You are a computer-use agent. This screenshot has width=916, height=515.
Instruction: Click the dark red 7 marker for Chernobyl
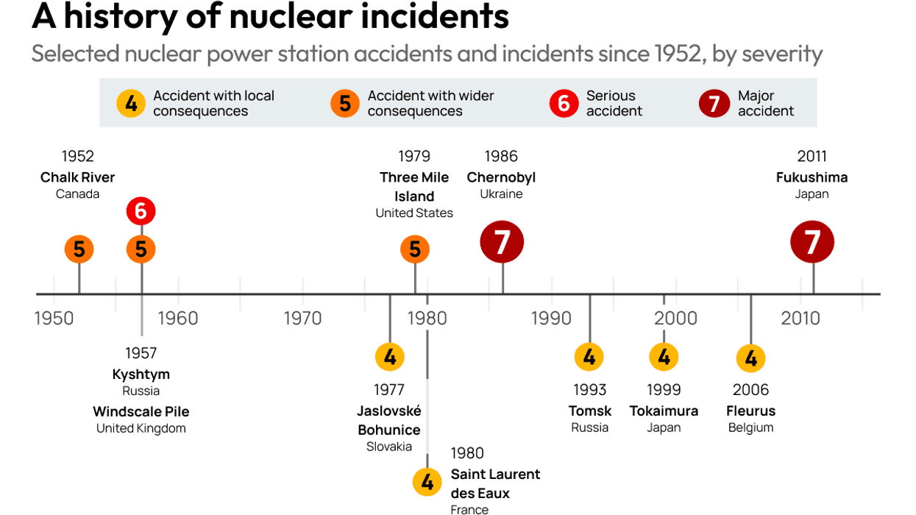point(502,242)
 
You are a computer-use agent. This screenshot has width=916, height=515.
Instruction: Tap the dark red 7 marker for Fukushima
point(812,242)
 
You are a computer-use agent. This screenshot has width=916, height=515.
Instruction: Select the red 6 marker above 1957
point(141,212)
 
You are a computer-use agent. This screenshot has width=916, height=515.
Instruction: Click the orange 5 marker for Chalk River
point(79,249)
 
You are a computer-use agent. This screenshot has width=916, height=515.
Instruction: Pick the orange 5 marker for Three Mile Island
point(415,249)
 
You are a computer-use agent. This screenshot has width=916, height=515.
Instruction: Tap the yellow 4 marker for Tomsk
point(589,358)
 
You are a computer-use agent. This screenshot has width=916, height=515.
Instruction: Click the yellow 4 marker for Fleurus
point(750,358)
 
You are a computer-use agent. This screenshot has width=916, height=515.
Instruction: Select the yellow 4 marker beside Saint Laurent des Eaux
point(427,483)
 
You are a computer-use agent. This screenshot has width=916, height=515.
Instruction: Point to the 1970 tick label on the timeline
point(302,318)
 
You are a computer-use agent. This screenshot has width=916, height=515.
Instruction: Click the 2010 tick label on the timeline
point(800,318)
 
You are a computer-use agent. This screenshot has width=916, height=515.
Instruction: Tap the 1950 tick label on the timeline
point(54,318)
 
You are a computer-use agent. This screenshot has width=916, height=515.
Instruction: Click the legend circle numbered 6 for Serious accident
point(564,104)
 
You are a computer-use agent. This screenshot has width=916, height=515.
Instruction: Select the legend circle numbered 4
point(131,104)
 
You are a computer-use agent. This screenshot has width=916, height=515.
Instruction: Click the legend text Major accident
point(765,104)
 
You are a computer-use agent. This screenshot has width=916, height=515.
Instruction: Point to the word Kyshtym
point(141,374)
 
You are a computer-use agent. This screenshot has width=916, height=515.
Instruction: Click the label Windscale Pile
point(141,411)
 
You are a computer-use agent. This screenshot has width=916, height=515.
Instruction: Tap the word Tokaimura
point(664,411)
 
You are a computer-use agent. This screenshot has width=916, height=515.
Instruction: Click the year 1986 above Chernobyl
point(501,156)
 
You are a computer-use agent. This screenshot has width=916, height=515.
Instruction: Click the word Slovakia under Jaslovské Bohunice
point(389,447)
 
